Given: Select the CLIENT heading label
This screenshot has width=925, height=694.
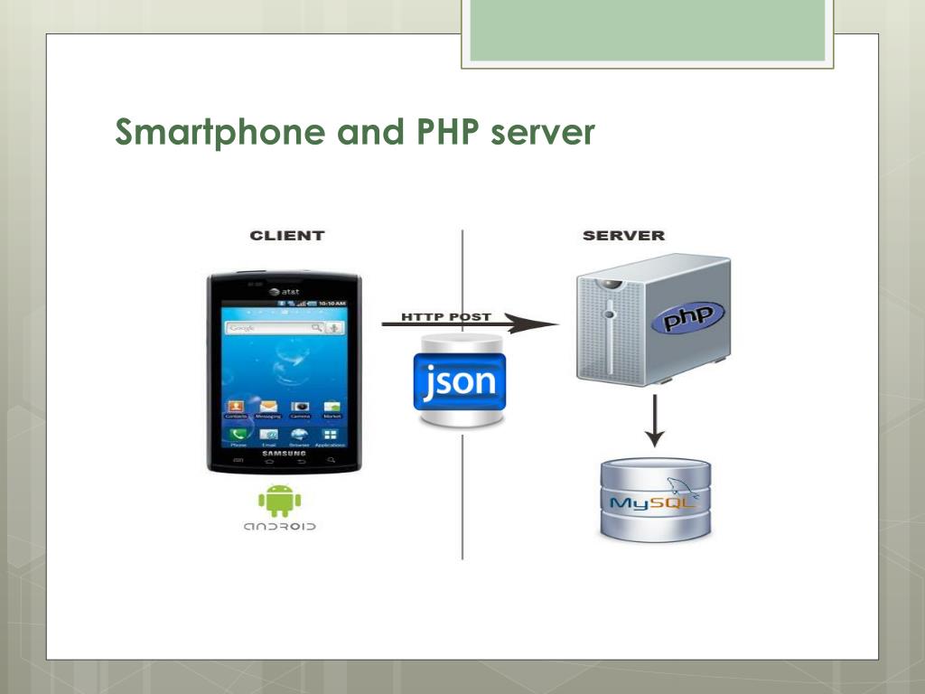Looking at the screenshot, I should [x=286, y=236].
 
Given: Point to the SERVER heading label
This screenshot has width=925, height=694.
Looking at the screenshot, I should [x=623, y=236].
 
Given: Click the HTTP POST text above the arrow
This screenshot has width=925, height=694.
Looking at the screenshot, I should [x=447, y=317].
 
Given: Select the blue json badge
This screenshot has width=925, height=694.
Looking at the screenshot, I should [x=460, y=381].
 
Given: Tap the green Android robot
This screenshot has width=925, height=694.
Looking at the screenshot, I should [x=279, y=501].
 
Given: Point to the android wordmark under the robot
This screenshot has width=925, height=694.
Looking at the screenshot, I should [x=279, y=526].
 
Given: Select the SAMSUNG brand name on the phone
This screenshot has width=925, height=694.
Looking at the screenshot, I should [x=284, y=453].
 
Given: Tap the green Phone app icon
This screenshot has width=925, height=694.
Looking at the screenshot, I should [x=238, y=435].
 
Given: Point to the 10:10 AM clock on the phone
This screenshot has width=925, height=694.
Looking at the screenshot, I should [x=332, y=304].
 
